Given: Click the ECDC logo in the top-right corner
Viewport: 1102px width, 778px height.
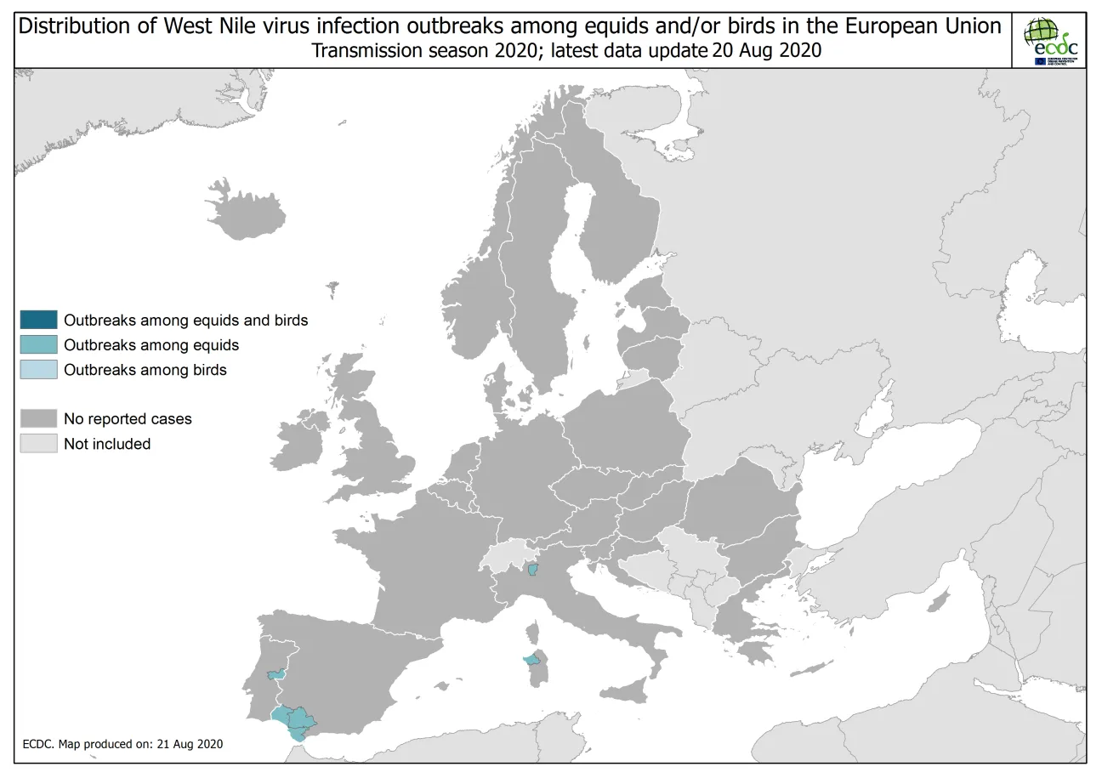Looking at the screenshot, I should [x=1050, y=41].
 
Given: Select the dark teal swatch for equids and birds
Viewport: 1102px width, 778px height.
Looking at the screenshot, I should [x=39, y=321].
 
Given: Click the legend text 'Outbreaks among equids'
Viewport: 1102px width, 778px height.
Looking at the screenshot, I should [x=151, y=345].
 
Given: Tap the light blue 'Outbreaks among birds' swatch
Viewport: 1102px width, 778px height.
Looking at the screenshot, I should [x=39, y=370].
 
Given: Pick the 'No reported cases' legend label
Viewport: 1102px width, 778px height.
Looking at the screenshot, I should [x=128, y=419].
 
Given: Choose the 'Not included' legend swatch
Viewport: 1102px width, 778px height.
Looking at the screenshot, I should [x=39, y=444].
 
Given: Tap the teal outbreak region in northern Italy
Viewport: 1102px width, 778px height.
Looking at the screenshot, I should [x=533, y=570].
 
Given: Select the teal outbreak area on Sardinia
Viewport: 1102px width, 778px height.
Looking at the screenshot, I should [x=532, y=660].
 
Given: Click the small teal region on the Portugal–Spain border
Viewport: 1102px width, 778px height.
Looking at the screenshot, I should [x=276, y=675].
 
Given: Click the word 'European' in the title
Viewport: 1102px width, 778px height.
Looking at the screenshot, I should [x=890, y=26].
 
